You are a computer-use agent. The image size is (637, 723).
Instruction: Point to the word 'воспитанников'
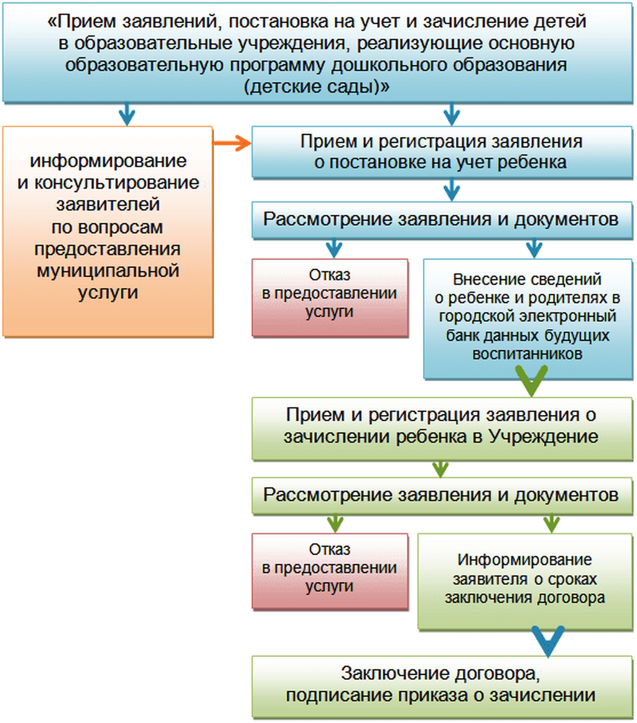pos(527,354)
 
